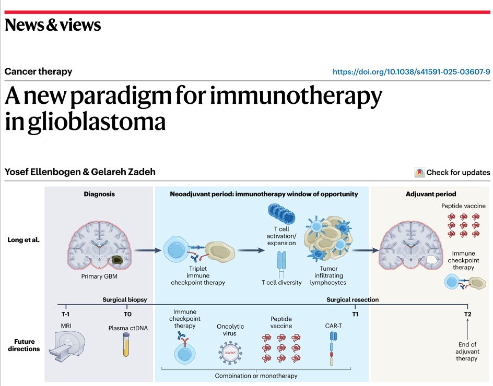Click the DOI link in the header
pos(411,72)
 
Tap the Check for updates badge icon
pos(419,173)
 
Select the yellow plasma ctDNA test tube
pos(126,345)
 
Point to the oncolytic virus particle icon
pos(230,353)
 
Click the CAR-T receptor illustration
pos(333,348)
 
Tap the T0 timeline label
pos(127,314)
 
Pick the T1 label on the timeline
pos(355,314)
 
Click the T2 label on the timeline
pos(467,314)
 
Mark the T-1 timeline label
pos(66,314)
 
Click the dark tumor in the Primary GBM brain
pos(118,260)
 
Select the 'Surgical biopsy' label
pos(124,299)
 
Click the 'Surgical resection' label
pos(353,299)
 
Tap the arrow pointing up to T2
pos(467,329)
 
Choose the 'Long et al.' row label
pos(24,240)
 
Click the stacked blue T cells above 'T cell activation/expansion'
pos(281,213)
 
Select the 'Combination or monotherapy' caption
pos(256,376)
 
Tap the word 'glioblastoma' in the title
pos(97,122)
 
